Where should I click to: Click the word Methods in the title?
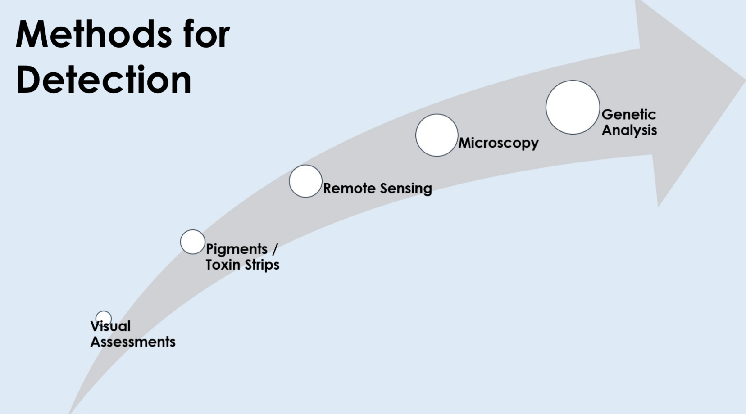pyautogui.click(x=94, y=35)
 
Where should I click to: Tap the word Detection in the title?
pyautogui.click(x=104, y=80)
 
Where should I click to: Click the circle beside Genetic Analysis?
pyautogui.click(x=573, y=108)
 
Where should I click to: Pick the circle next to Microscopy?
pyautogui.click(x=437, y=135)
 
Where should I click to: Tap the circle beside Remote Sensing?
pyautogui.click(x=305, y=181)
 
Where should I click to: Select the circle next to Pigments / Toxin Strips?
pyautogui.click(x=192, y=242)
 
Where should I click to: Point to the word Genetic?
pyautogui.click(x=628, y=115)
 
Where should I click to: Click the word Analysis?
pyautogui.click(x=629, y=130)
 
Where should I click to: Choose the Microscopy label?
pyautogui.click(x=498, y=143)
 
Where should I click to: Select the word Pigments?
pyautogui.click(x=237, y=249)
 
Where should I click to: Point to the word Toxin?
pyautogui.click(x=223, y=265)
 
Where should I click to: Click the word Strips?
pyautogui.click(x=261, y=265)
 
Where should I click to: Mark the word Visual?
pyautogui.click(x=111, y=326)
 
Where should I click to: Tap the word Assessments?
pyautogui.click(x=133, y=342)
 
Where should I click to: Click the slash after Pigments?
pyautogui.click(x=275, y=249)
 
